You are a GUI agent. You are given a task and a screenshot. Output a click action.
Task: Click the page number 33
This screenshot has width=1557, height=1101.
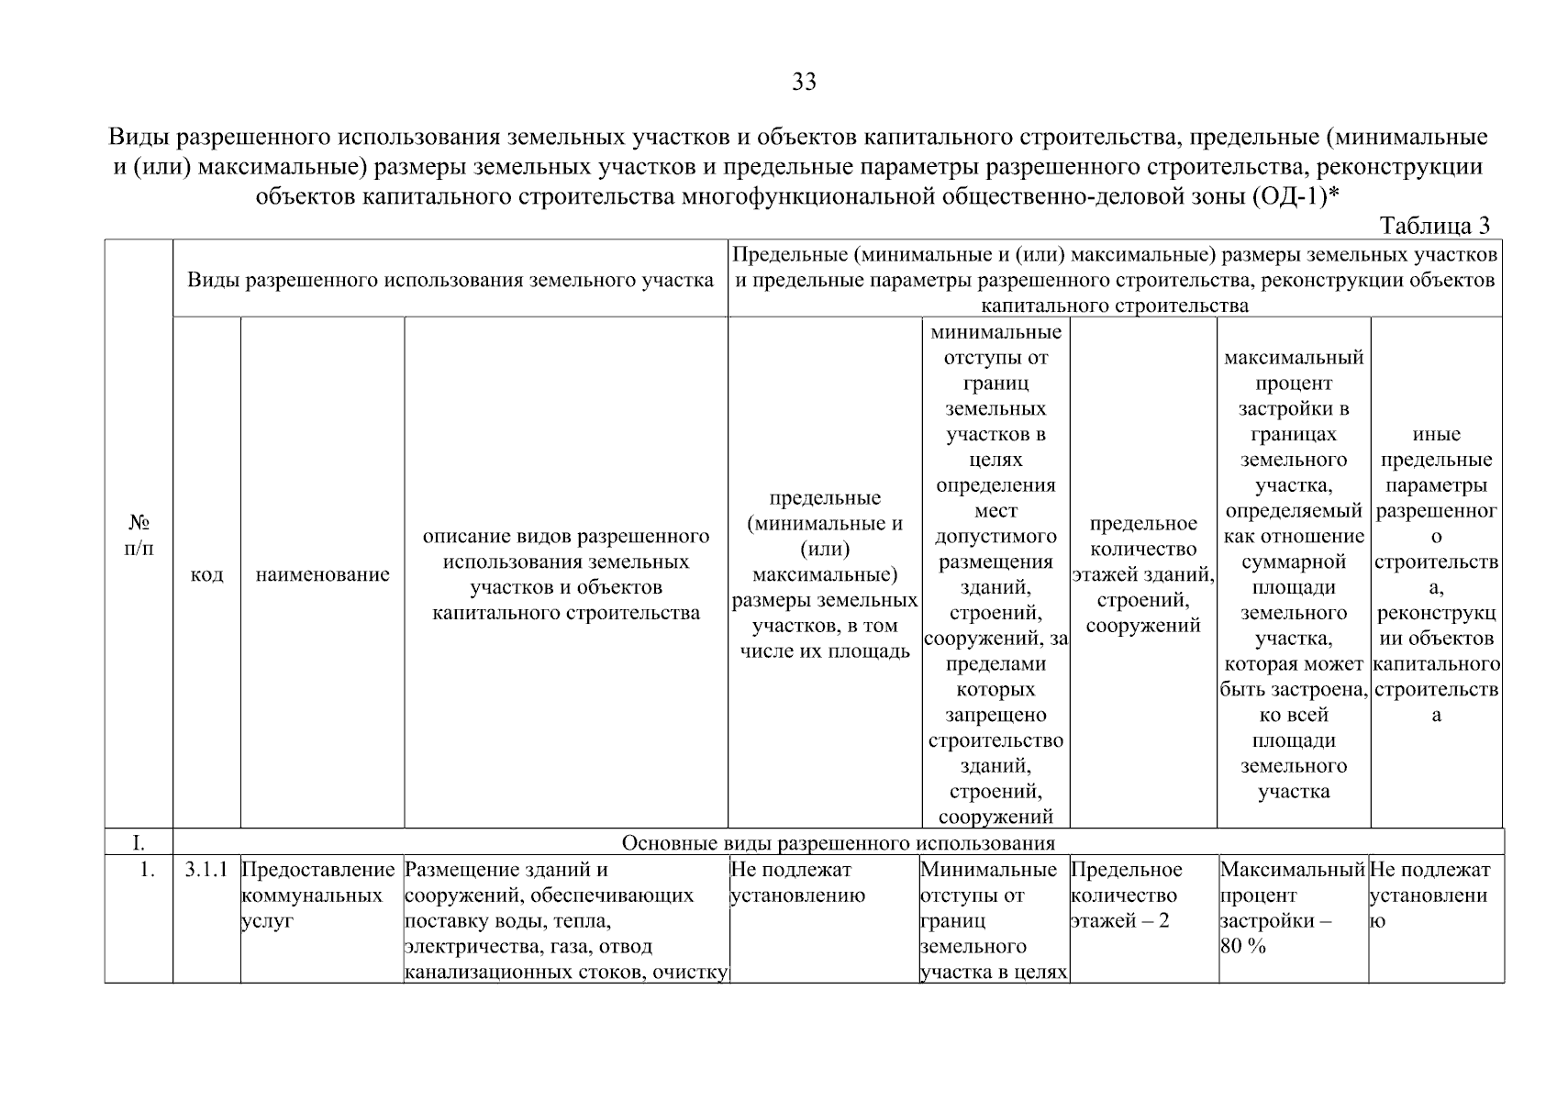[x=804, y=83]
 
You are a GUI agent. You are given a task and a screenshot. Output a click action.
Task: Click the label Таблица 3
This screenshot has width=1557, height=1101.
[x=1435, y=226]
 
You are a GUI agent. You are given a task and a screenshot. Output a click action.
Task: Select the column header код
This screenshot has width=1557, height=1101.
[x=206, y=574]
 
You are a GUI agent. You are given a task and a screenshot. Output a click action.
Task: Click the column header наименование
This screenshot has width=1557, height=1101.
[x=322, y=574]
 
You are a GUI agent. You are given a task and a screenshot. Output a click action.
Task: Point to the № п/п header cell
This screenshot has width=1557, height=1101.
[x=139, y=535]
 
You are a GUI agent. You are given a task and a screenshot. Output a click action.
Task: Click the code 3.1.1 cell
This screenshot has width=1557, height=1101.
[x=206, y=870]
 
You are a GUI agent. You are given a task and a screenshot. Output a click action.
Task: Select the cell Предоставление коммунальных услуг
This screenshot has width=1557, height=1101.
[x=317, y=895]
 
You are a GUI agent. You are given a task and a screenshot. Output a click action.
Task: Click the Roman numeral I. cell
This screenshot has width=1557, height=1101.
[x=139, y=842]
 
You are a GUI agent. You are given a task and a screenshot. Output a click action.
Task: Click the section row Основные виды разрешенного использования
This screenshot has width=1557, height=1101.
[x=838, y=842]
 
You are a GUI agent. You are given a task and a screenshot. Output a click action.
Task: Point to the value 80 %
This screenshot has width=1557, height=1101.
[x=1242, y=947]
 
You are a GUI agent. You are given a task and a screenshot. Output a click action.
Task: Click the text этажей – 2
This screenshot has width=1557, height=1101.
[x=1119, y=921]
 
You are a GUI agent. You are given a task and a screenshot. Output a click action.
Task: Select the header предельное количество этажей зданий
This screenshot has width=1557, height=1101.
[x=1142, y=574]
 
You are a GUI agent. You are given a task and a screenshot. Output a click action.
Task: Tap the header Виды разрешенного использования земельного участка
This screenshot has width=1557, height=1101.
[x=450, y=280]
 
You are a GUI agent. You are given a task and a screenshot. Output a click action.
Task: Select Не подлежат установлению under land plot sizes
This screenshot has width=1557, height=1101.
[x=796, y=882]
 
